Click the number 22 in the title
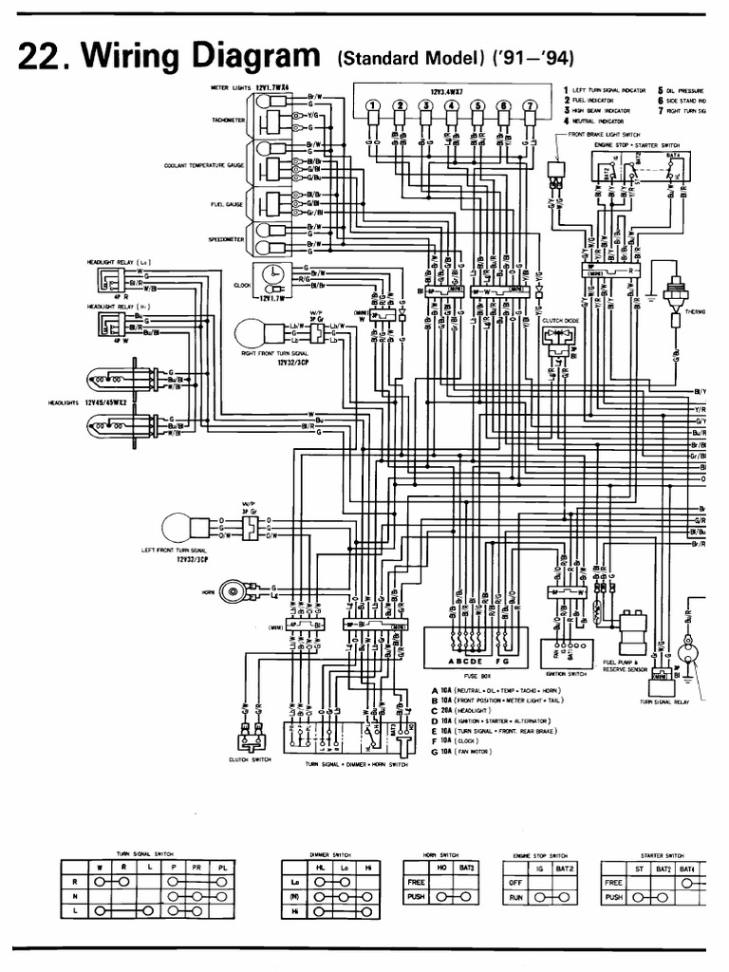pos(37,59)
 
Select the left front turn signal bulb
pos(180,528)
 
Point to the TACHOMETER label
pos(230,121)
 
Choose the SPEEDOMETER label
pos(228,239)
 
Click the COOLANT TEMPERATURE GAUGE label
pos(205,164)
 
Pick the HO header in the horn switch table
pos(439,867)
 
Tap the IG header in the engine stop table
pos(538,867)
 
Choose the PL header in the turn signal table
pos(221,867)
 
